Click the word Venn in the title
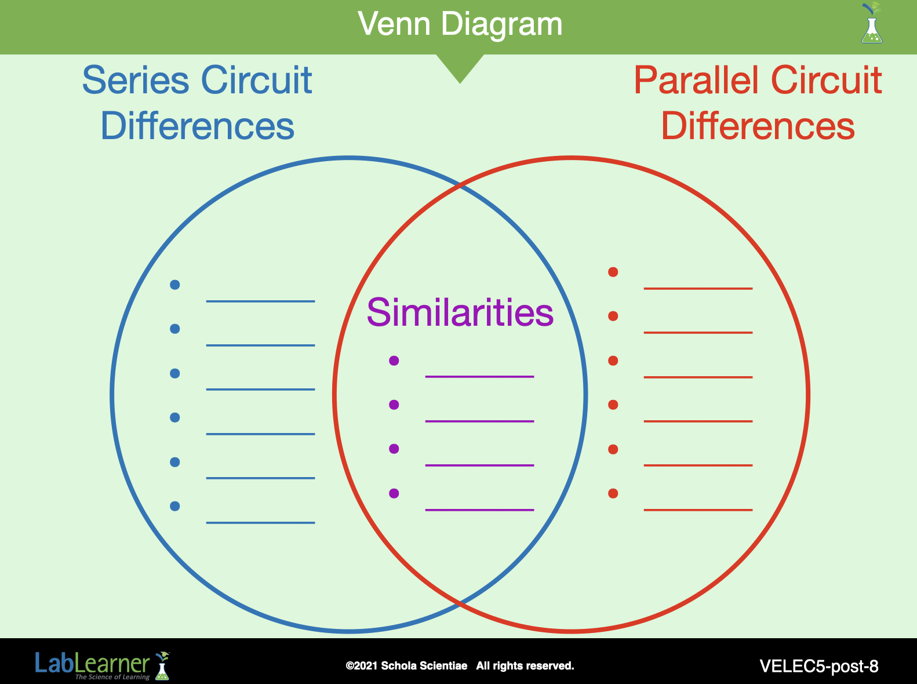click(394, 24)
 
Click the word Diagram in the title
click(502, 25)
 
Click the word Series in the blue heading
click(136, 80)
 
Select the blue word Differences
click(197, 126)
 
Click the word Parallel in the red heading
click(696, 80)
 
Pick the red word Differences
click(758, 126)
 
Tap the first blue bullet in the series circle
click(174, 285)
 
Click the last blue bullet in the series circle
click(174, 506)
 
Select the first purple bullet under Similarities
click(394, 361)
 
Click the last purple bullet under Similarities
click(394, 493)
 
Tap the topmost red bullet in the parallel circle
click(613, 272)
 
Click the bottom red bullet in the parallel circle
click(613, 494)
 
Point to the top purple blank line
click(479, 377)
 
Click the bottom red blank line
click(698, 510)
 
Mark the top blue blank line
click(260, 301)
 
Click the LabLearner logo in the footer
click(103, 665)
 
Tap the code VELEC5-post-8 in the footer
click(819, 666)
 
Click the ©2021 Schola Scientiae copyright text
click(406, 665)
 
